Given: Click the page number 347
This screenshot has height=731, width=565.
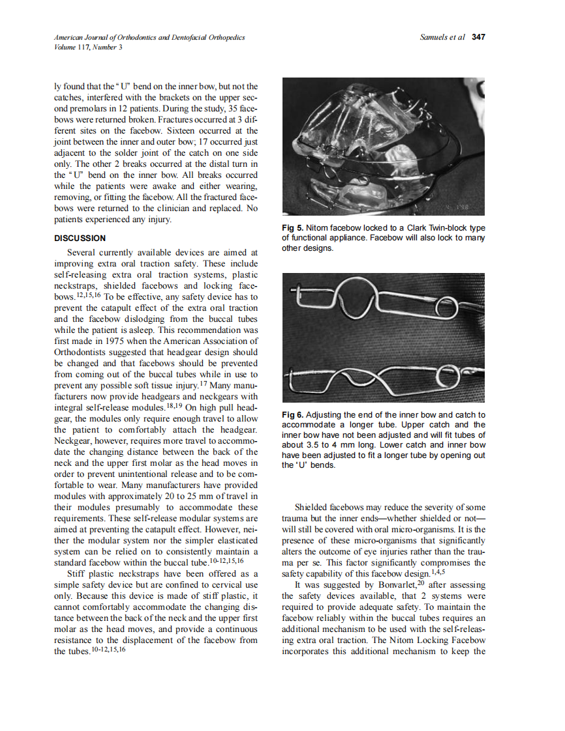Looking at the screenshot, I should click(x=478, y=37).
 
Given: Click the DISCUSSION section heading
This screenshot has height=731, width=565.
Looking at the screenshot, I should click(x=80, y=238).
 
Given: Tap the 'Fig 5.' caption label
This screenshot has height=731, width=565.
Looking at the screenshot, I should click(x=293, y=228).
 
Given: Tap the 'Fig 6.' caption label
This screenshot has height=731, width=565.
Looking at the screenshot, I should click(x=293, y=415).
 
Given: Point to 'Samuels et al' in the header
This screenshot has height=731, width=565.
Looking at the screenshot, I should click(x=442, y=37).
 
